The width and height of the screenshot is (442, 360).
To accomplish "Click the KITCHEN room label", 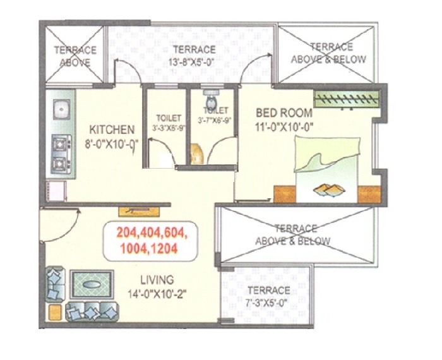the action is point(112,129).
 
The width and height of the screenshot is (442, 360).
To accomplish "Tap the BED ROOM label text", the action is point(284,113).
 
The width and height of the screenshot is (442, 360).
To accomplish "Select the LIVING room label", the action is point(157,280).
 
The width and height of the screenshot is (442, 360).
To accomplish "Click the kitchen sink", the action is point(61,109).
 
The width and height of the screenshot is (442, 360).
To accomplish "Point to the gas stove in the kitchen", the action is point(61,154).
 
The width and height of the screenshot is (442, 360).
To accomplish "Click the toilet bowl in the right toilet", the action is point(210,100).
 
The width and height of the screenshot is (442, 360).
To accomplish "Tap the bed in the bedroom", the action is point(327,169).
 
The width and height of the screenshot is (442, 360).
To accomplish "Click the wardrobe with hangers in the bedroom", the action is point(347,99).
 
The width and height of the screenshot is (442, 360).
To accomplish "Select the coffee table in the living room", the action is point(92,284).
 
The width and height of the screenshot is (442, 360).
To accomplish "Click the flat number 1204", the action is point(164,249).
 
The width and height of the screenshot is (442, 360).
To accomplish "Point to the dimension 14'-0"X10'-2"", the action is point(157,294).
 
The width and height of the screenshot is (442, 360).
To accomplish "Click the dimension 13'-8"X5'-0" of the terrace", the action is point(192,62).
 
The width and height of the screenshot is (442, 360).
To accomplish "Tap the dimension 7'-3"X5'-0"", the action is point(267,303).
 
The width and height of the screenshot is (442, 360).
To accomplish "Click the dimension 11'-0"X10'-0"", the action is point(284,126).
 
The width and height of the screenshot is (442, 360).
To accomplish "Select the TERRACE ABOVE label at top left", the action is point(75,56).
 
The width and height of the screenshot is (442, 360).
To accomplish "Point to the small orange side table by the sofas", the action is point(55,313).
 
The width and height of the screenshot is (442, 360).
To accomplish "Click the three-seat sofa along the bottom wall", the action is point(92,311).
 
